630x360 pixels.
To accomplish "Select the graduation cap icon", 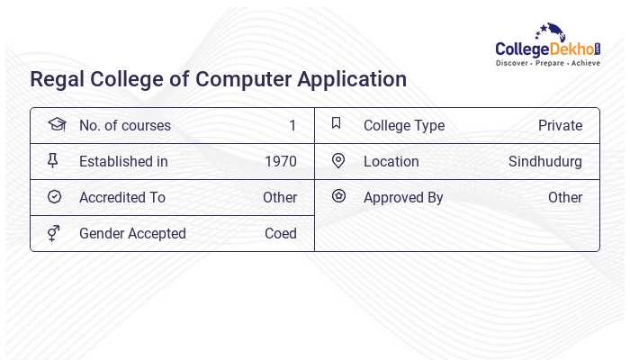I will click(x=56, y=125).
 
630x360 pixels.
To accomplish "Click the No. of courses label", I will click(x=124, y=126).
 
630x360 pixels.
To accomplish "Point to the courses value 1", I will click(x=292, y=126).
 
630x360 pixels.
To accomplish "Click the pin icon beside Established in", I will click(x=53, y=161).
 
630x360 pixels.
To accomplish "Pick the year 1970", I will click(x=280, y=162).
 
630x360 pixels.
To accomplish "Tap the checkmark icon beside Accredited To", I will click(x=54, y=197).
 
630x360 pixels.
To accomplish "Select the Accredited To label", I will click(x=122, y=198).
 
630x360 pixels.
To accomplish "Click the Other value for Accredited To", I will click(x=280, y=198).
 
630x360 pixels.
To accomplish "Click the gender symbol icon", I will click(x=53, y=233).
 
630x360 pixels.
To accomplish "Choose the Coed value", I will click(x=281, y=234).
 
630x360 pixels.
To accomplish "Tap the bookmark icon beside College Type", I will click(x=336, y=124).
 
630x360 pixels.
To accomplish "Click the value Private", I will click(x=560, y=126).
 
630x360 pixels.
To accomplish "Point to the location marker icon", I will click(x=338, y=161).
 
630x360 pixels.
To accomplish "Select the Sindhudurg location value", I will click(x=545, y=162).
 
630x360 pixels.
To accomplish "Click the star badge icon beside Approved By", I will click(x=338, y=196).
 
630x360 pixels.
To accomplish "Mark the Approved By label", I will click(x=403, y=198).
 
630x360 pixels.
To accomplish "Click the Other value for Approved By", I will click(x=565, y=198).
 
